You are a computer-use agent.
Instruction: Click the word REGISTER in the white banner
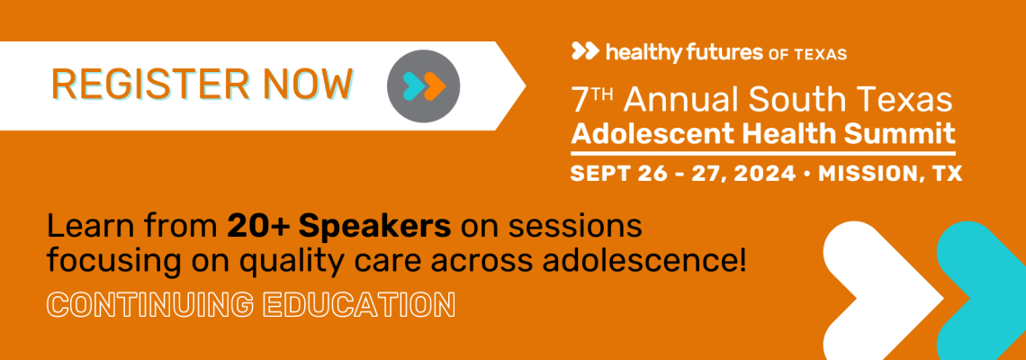tap(149, 85)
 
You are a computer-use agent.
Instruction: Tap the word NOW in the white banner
tap(307, 85)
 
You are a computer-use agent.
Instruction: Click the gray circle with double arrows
tap(423, 85)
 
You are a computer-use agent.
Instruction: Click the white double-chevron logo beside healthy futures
tap(585, 51)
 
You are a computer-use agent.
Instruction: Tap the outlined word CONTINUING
tap(149, 304)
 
